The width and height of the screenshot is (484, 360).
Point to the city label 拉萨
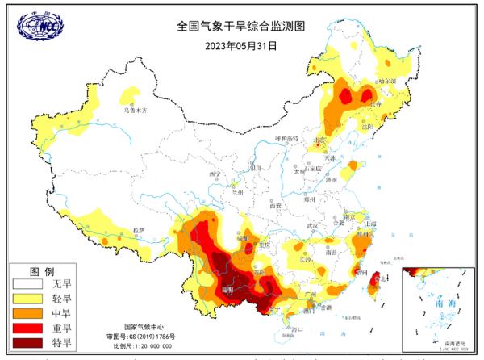tap(140, 231)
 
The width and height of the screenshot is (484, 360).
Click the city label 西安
tap(272, 206)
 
